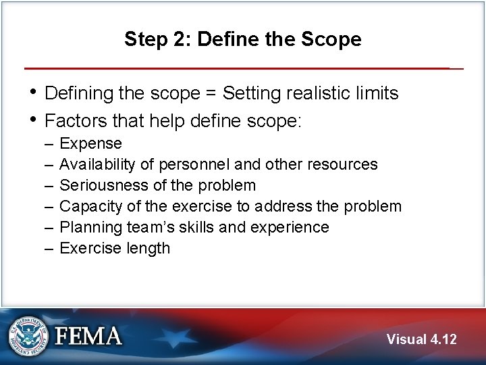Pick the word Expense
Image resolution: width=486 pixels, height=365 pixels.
[90, 144]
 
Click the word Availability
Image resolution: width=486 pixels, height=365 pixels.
[100, 165]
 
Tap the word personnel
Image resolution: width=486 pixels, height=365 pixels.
[191, 165]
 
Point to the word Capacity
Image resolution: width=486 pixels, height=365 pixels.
[88, 206]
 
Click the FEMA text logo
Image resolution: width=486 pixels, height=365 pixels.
[89, 336]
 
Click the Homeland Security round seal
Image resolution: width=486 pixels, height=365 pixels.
[28, 336]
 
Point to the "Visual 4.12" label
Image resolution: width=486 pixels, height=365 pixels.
[421, 339]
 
